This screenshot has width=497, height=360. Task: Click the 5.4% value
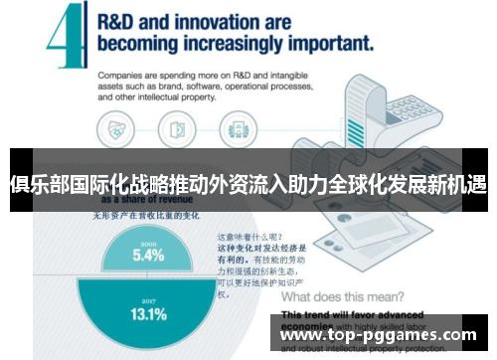coord(148,255)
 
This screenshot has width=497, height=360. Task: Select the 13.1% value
coord(149,313)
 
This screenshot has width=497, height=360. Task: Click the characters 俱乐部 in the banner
coord(33,184)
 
